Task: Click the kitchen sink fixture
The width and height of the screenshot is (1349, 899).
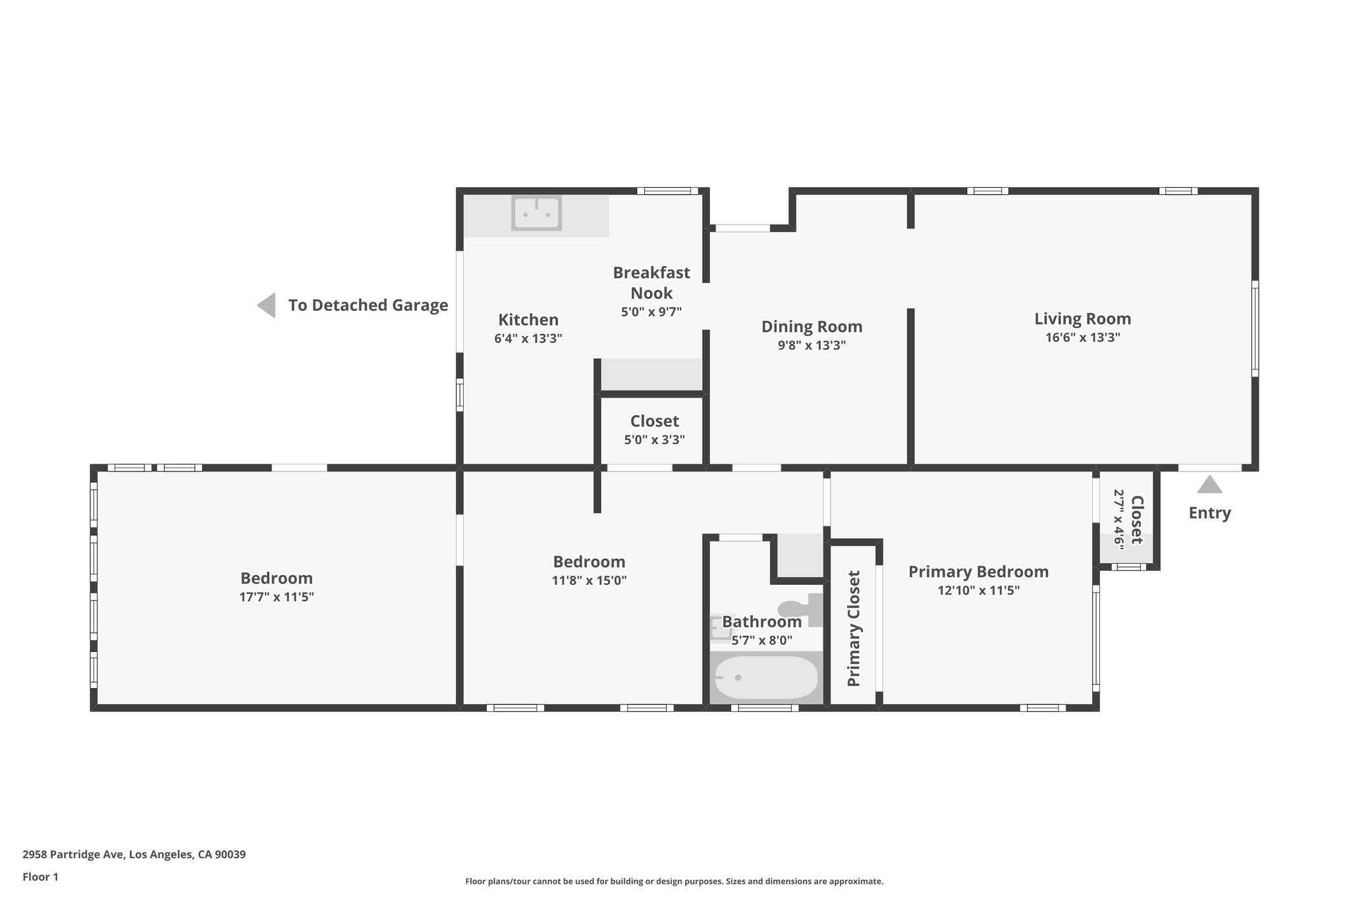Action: tap(537, 213)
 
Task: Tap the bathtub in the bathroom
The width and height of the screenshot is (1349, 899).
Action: tap(766, 678)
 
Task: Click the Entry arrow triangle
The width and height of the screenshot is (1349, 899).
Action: tap(1209, 485)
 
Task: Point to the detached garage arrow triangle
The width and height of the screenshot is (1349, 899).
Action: tap(267, 306)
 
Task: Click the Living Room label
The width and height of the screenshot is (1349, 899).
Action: tap(1082, 319)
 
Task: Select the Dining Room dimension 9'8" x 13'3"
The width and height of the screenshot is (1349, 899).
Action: tap(812, 345)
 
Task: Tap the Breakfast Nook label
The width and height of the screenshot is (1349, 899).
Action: tap(651, 283)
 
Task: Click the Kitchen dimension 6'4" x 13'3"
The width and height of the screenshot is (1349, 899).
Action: tap(528, 339)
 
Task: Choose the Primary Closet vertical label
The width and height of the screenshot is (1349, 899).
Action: tap(854, 628)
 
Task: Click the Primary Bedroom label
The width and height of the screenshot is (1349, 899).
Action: tap(978, 572)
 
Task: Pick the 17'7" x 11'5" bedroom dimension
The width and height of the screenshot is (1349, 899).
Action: tap(277, 597)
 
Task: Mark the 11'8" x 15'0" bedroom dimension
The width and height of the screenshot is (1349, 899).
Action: tap(589, 581)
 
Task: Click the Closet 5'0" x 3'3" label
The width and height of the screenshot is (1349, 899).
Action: tap(654, 422)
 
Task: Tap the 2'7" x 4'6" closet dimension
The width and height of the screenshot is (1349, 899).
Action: tap(1118, 519)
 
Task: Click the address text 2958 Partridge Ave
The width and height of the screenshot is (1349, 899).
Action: tap(134, 855)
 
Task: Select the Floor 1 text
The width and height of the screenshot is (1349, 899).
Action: tap(40, 877)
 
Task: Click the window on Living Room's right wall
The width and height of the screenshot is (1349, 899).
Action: tap(1255, 329)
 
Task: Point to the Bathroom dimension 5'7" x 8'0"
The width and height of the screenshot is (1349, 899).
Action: tap(762, 640)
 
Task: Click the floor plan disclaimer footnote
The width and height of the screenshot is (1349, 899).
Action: tap(674, 881)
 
